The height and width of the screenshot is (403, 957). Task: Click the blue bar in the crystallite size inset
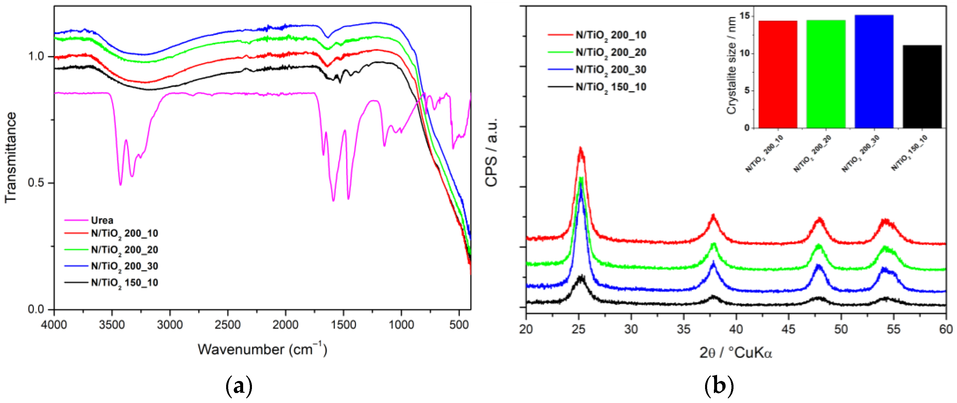point(874,71)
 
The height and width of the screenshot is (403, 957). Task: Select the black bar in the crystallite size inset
point(922,87)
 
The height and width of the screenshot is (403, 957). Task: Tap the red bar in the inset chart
point(778,74)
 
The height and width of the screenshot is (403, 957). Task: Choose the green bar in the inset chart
point(826,74)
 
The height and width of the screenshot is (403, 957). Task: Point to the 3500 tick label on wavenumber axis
point(112,325)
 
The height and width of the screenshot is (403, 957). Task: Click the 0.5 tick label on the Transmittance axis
point(36,183)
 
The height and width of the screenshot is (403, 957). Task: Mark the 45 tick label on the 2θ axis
point(788,329)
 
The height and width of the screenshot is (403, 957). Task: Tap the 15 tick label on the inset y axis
point(744,16)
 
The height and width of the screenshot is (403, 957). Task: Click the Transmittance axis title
point(11,157)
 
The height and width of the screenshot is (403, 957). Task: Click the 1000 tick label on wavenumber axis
point(401,325)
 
